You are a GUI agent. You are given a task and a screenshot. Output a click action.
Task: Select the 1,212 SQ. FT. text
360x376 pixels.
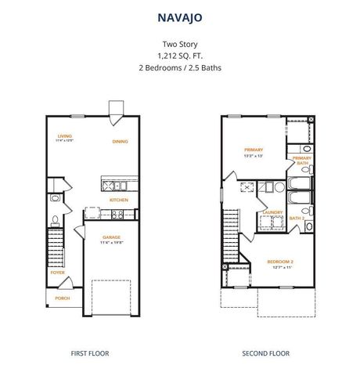click(179, 56)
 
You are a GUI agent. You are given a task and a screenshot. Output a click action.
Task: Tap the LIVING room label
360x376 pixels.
click(63, 136)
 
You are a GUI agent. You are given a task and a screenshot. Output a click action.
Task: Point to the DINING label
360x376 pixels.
click(119, 142)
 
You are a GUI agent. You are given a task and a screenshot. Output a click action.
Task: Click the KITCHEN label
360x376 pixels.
click(118, 200)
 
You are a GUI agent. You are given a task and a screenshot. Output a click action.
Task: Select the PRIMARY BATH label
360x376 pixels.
click(302, 161)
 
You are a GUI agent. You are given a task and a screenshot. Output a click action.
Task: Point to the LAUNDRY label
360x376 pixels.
click(272, 211)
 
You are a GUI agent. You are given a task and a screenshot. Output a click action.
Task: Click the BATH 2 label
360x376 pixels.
click(297, 218)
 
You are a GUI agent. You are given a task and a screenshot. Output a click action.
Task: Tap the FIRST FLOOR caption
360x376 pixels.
click(90, 353)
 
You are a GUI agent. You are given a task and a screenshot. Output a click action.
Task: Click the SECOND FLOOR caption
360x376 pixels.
click(265, 353)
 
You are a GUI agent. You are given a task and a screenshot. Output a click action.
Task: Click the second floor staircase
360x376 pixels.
click(231, 235)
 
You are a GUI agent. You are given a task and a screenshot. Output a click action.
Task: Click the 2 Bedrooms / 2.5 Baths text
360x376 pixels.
click(179, 68)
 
